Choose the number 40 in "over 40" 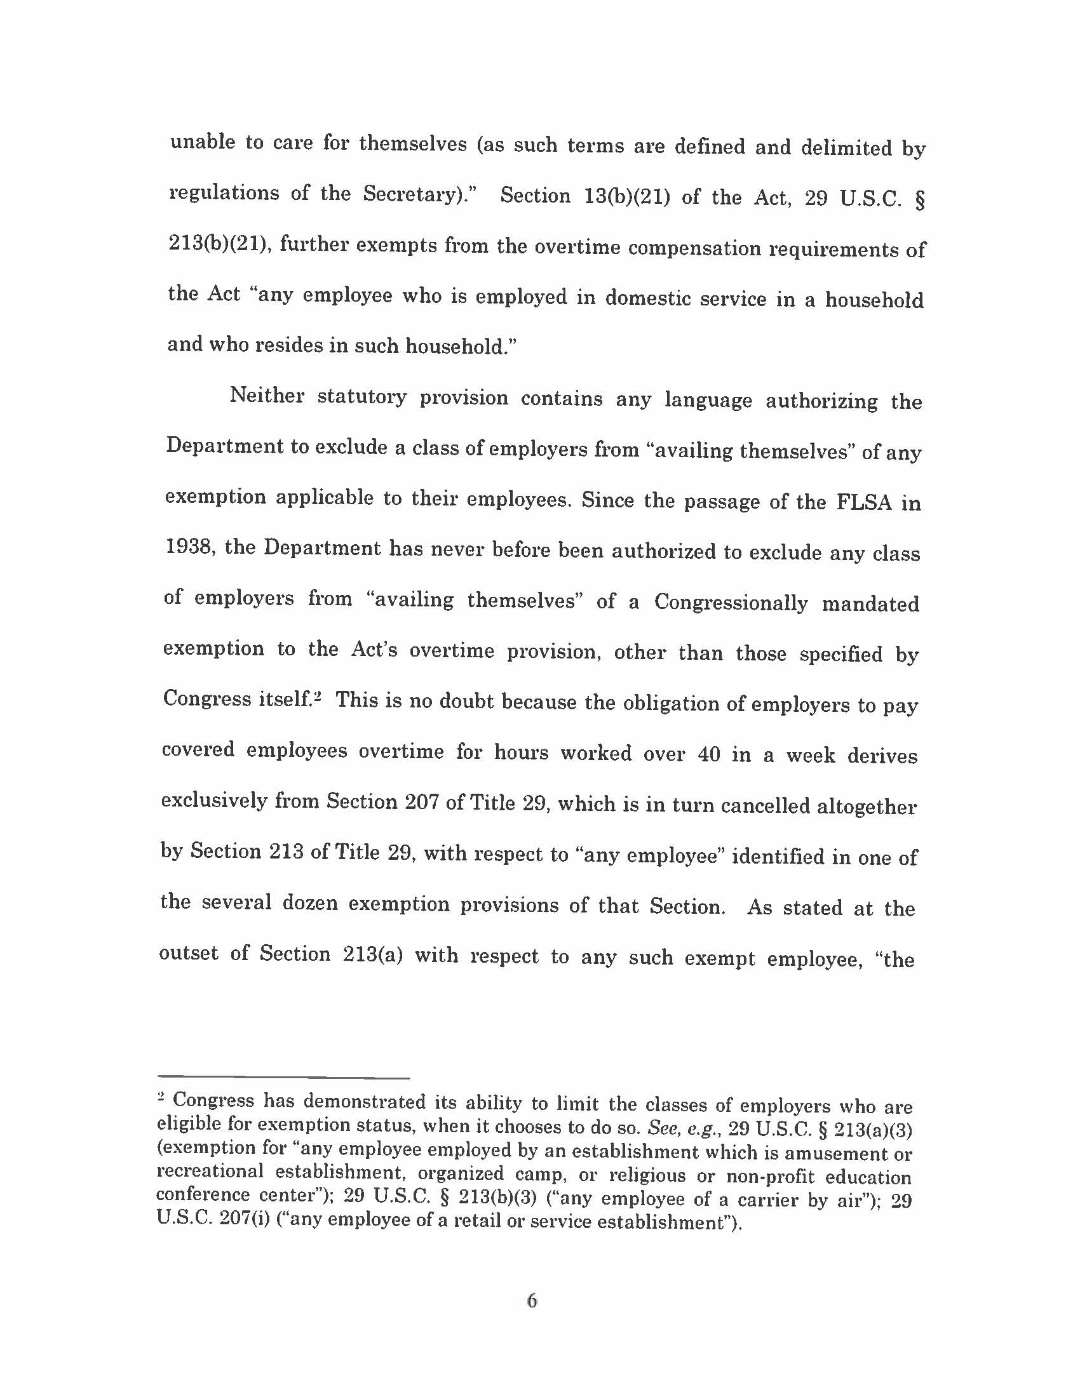(709, 754)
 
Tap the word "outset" (189, 953)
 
